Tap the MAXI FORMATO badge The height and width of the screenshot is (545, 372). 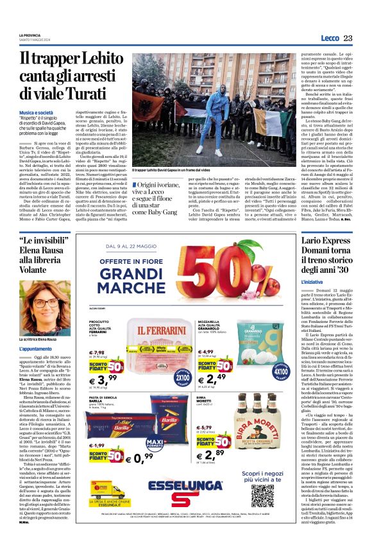click(165, 444)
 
